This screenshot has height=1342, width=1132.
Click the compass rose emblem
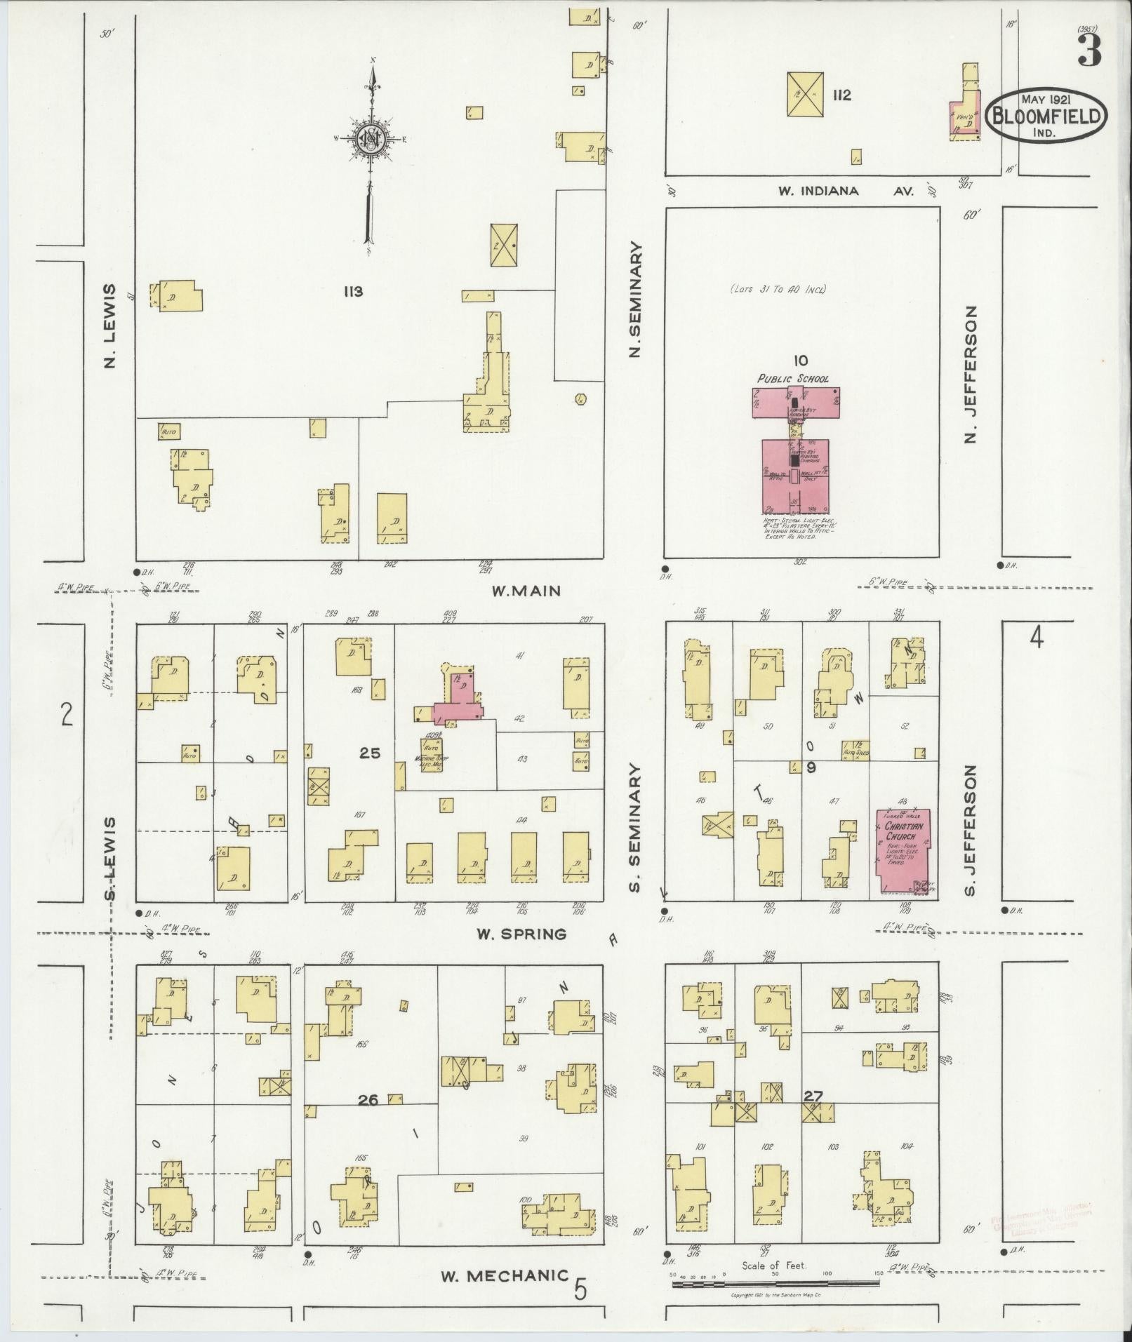click(x=371, y=138)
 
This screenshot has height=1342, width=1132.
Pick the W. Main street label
click(x=526, y=591)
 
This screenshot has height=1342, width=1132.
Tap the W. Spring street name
click(x=521, y=934)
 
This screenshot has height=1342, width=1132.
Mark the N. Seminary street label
click(x=636, y=300)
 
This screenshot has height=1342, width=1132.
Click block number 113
click(x=353, y=291)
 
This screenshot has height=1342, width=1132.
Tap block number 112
click(x=841, y=95)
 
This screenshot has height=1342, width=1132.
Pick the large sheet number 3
click(x=1088, y=51)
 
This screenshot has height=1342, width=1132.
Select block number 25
click(x=370, y=753)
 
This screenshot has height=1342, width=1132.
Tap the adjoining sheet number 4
click(x=1036, y=639)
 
